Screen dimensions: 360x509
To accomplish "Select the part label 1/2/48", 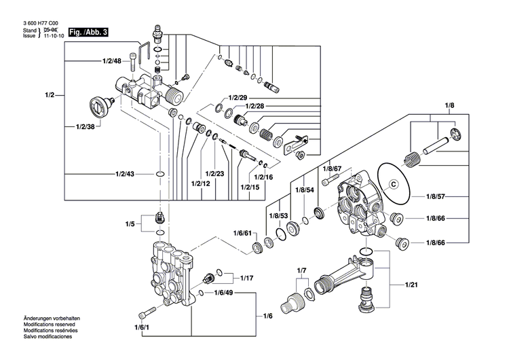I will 112,61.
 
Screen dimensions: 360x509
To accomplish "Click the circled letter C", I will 393,183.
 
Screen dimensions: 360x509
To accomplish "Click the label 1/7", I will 303,271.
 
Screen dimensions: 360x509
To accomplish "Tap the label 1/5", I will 130,223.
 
